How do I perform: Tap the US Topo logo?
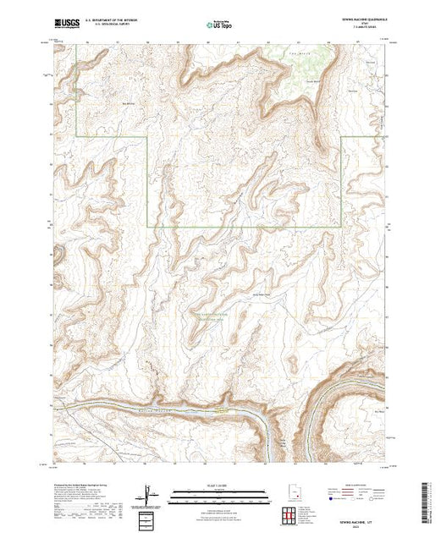tap(218, 25)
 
